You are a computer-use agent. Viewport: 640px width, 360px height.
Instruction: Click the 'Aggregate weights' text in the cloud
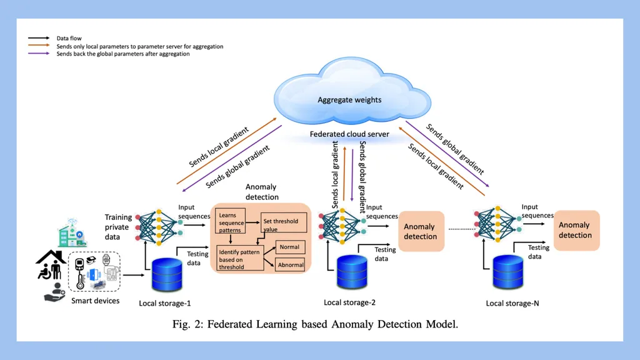point(349,100)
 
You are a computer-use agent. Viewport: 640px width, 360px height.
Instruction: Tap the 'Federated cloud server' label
point(349,134)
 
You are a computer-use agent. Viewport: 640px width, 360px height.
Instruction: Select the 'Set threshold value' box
point(279,224)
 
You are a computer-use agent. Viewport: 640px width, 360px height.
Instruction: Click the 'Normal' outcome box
point(289,247)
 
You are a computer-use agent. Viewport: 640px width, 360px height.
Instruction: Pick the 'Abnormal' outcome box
point(291,265)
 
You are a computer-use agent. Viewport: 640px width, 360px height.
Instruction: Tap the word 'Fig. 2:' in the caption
point(187,324)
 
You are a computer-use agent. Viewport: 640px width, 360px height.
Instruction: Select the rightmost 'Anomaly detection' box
point(575,230)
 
